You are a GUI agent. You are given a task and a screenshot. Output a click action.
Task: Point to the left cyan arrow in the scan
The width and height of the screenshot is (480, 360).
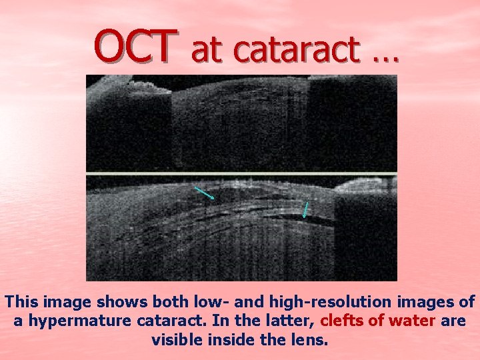click(204, 193)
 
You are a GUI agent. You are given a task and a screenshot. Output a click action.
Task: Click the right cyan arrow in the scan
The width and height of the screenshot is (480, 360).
click(305, 209)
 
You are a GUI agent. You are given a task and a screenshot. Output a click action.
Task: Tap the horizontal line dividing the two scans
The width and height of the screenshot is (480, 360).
click(241, 175)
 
